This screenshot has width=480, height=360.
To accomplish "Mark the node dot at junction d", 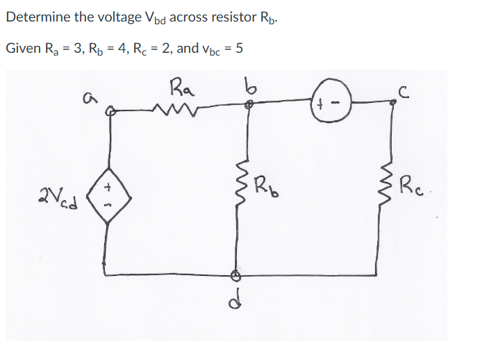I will (236, 274).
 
